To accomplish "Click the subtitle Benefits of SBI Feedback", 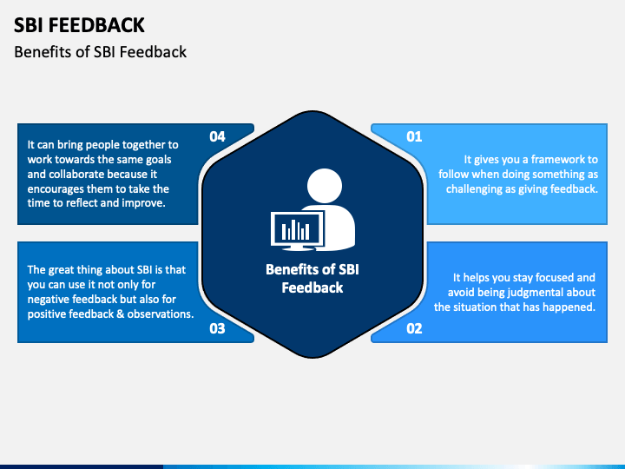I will coord(101,52).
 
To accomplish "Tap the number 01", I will coord(414,136).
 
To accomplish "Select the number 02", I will coord(414,328).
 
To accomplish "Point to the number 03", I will coord(217,328).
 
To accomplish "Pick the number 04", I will coord(217,136).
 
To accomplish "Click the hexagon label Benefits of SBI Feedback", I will coord(312,278).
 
